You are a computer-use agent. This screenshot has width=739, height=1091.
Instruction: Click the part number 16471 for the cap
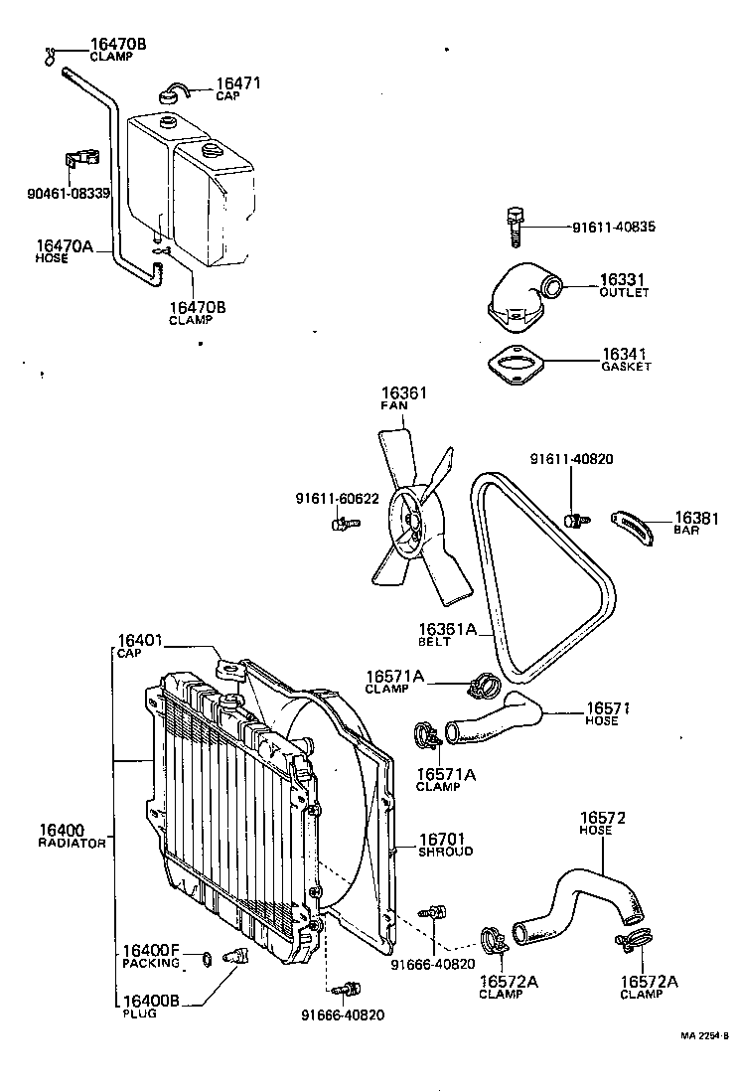point(239,82)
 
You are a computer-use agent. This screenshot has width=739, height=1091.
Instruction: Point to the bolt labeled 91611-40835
point(515,228)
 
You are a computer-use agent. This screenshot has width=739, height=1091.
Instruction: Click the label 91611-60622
point(337,498)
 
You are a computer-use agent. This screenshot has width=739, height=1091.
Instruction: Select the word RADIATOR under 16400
point(72,843)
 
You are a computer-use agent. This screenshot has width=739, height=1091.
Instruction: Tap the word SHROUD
point(445,852)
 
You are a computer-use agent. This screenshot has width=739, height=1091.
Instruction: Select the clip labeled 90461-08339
point(82,159)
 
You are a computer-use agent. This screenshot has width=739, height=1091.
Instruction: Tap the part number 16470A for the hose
point(65,244)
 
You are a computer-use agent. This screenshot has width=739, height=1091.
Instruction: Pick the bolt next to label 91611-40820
point(573,520)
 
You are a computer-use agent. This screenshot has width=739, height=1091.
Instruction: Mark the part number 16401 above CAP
point(140,641)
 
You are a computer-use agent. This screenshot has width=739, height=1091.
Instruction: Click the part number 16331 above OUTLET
point(624,280)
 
